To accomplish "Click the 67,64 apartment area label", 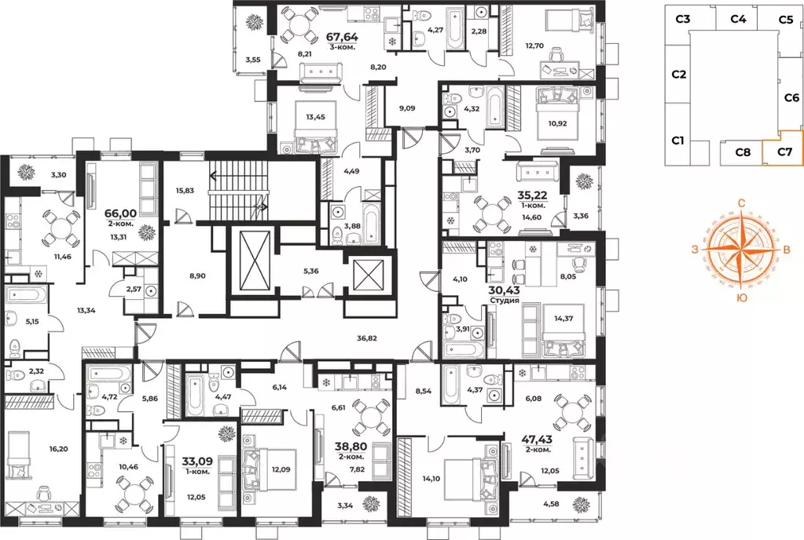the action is (x=342, y=38).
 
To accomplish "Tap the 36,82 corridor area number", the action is (x=366, y=337).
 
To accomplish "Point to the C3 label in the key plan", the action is (x=682, y=20).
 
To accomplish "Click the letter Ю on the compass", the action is (x=741, y=298).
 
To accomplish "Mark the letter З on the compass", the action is (x=695, y=250).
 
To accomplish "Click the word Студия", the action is (x=505, y=300).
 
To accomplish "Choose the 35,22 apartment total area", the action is (x=533, y=195).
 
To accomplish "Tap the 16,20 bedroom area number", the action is (x=58, y=449).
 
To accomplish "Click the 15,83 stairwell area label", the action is (x=185, y=191).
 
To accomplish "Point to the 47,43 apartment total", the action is (x=537, y=440).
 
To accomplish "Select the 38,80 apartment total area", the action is (x=351, y=447).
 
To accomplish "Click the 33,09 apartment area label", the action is (x=196, y=462).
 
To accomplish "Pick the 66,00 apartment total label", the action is (x=121, y=213).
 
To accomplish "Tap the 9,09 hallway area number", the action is (x=407, y=108).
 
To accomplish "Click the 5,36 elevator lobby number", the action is (x=310, y=271).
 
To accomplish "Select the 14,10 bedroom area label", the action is (x=431, y=479).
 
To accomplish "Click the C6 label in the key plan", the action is (x=791, y=97).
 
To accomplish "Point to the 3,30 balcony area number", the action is (x=58, y=174).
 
